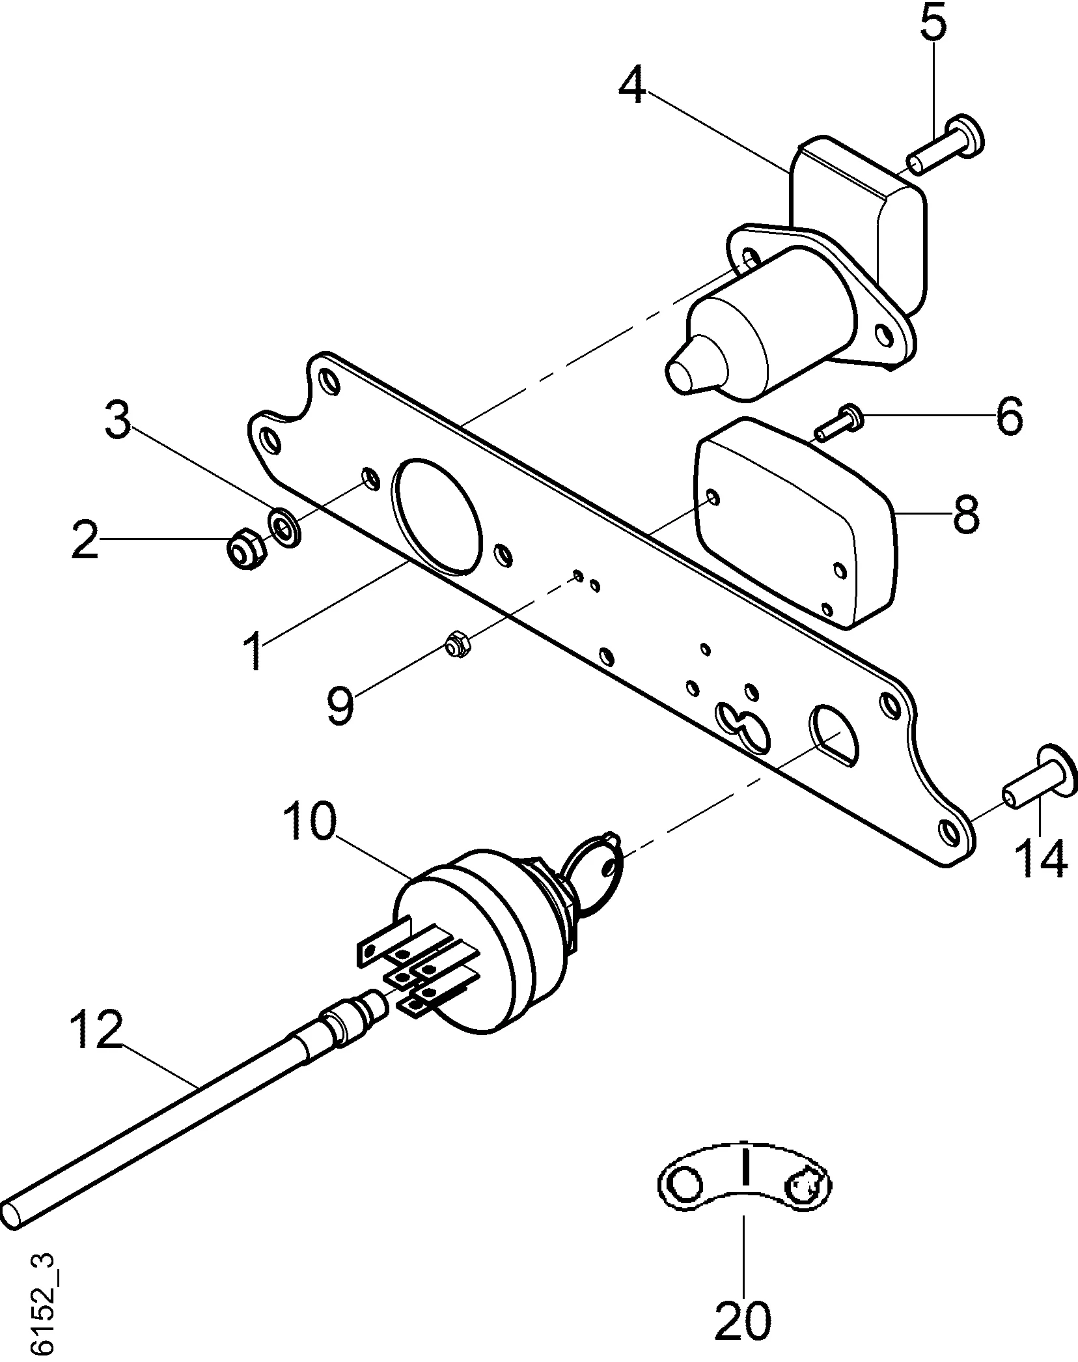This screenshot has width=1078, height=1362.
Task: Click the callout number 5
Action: (x=933, y=25)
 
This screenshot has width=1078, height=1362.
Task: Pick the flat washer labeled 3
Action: (x=284, y=526)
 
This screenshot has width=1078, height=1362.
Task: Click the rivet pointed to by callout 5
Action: (x=947, y=147)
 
